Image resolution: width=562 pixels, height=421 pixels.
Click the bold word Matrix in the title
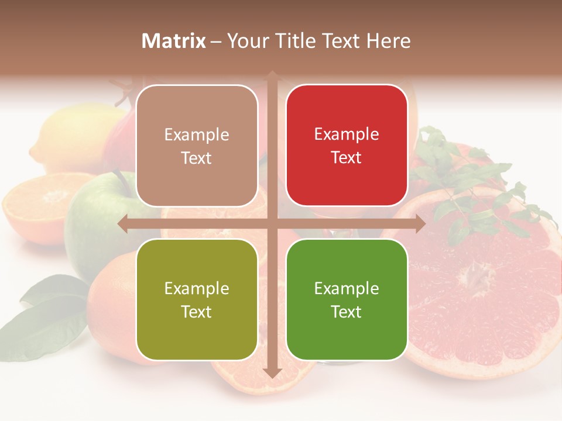[x=174, y=41]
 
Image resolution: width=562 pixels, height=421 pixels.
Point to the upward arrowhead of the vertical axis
[x=272, y=75]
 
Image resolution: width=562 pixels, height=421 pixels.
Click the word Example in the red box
[x=347, y=134]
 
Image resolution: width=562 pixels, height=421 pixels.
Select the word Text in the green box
[x=347, y=312]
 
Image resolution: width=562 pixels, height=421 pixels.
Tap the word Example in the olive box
[x=197, y=288]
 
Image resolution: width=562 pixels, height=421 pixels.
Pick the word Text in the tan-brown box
[x=197, y=158]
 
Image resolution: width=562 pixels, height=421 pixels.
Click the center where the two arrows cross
[x=272, y=223]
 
